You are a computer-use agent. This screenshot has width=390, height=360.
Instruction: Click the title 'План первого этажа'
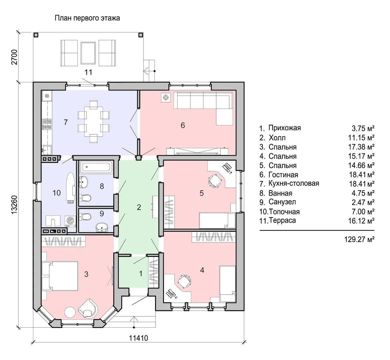click(87, 18)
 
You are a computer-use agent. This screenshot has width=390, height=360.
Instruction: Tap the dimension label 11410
click(139, 338)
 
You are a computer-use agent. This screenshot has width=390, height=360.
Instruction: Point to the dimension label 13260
click(14, 204)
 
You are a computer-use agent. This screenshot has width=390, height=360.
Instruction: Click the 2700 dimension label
click(14, 57)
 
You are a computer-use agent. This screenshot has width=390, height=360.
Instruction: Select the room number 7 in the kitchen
click(66, 122)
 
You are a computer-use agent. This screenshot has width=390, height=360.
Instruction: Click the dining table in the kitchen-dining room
click(93, 121)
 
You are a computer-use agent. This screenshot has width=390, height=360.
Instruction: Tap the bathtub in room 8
click(96, 167)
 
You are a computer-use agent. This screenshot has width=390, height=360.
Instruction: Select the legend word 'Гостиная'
click(283, 175)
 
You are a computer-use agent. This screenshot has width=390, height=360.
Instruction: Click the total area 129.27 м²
click(359, 240)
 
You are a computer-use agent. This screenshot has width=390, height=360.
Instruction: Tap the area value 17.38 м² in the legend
click(361, 147)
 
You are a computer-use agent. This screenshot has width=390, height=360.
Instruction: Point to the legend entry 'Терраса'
click(282, 221)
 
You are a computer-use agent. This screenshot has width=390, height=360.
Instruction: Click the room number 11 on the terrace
click(88, 72)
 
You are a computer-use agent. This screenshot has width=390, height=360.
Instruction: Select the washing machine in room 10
click(71, 221)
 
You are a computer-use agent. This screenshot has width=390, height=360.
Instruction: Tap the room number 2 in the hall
click(139, 207)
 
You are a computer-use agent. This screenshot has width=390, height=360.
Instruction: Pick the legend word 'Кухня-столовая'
click(294, 183)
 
